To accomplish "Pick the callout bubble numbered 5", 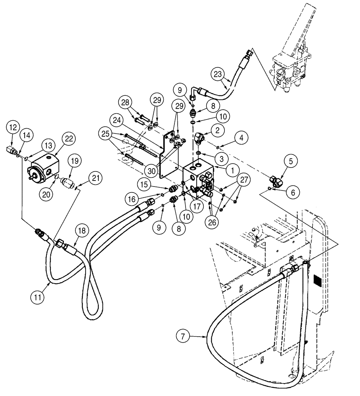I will (291, 161).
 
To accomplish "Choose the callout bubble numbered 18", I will (81, 231).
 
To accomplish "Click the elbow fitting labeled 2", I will (200, 139).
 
